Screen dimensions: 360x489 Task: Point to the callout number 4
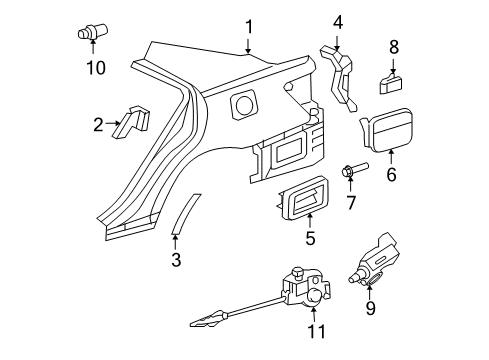pos(338,21)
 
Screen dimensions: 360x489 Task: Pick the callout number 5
pos(311,239)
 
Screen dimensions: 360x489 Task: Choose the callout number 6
pos(392,174)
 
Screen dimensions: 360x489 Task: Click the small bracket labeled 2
pos(132,122)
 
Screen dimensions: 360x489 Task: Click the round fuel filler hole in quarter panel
pos(243,105)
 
